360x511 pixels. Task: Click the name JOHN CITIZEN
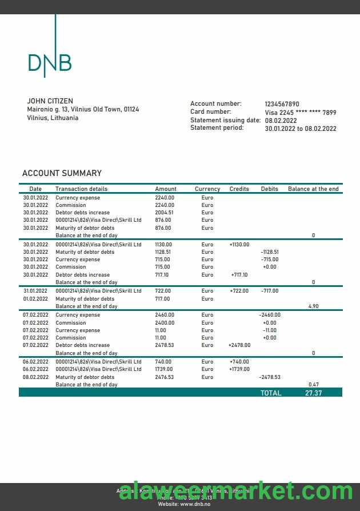click(50, 101)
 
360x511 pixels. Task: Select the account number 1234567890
click(282, 104)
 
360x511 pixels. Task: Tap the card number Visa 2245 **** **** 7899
click(301, 113)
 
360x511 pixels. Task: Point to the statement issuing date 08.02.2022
click(281, 121)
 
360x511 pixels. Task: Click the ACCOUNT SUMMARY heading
click(62, 173)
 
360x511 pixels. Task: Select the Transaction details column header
click(81, 189)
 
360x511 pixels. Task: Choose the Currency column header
click(207, 189)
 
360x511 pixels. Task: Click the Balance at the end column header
click(313, 189)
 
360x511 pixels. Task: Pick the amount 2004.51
click(164, 213)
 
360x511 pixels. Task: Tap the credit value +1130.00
click(239, 245)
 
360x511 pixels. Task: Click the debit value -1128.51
click(269, 252)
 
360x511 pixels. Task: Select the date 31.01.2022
click(35, 291)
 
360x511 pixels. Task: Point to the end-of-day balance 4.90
click(313, 306)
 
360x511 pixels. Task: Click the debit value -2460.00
click(269, 315)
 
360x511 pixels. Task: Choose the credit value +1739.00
click(239, 369)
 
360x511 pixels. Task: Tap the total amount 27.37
click(314, 393)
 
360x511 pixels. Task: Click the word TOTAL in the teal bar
click(271, 393)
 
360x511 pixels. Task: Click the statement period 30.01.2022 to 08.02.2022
click(301, 129)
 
